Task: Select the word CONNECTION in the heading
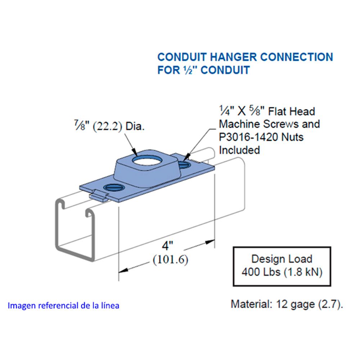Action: click(x=297, y=57)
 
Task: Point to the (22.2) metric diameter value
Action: click(x=107, y=126)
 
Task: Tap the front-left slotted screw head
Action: click(x=114, y=187)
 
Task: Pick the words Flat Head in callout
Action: click(x=292, y=112)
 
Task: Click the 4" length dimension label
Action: click(x=167, y=246)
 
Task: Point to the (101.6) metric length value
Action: click(x=171, y=260)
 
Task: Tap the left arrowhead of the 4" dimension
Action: click(x=123, y=270)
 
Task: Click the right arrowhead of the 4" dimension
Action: click(x=210, y=242)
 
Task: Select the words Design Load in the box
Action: click(x=282, y=259)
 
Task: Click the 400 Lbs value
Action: click(x=261, y=272)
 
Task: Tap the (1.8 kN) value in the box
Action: click(x=303, y=272)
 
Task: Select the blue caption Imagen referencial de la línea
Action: click(x=63, y=306)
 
